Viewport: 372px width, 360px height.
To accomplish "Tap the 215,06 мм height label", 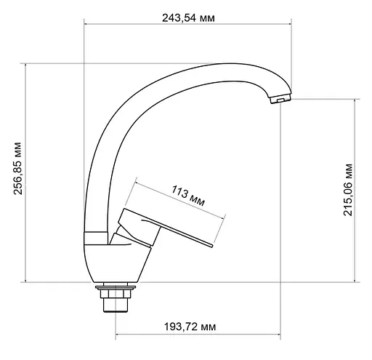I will pos(348,191).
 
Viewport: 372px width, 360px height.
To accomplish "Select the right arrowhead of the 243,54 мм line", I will pos(294,24).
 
